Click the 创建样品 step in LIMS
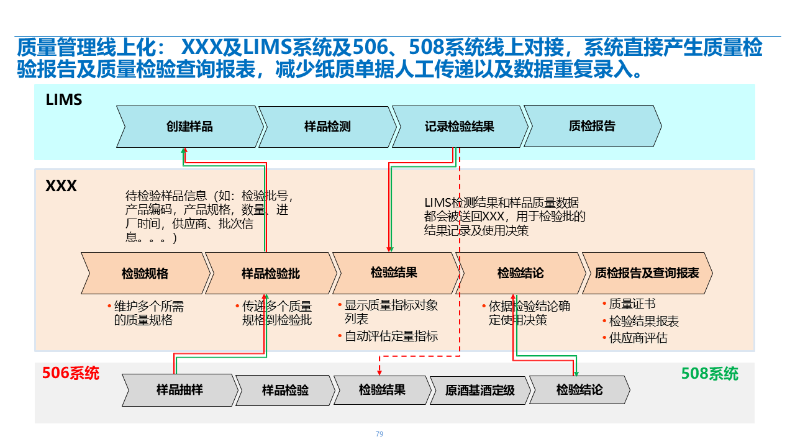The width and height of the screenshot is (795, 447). [189, 127]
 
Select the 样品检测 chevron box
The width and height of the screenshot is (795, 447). [327, 127]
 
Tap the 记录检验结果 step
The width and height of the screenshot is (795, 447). [460, 127]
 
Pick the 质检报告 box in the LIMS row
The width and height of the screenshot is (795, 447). [592, 126]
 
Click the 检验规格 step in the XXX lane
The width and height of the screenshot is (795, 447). [145, 273]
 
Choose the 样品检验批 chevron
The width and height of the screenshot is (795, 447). [271, 273]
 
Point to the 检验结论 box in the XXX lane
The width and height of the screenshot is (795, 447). [520, 273]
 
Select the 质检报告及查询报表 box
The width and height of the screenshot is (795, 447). [647, 273]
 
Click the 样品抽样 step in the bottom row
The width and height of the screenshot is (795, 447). [179, 390]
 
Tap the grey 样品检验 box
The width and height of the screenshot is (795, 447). [285, 391]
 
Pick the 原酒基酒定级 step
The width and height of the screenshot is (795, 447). [480, 391]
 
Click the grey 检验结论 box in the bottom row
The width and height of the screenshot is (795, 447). [579, 390]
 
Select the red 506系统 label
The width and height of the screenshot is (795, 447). [71, 373]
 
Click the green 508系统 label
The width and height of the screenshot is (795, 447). [710, 374]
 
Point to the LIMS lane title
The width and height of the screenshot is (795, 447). [64, 99]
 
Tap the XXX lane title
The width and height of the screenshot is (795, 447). [61, 186]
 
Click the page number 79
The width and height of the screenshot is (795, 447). [379, 434]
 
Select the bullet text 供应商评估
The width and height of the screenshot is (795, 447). [638, 338]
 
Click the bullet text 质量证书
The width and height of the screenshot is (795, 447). [632, 304]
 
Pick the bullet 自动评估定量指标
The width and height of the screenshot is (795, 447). [391, 336]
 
